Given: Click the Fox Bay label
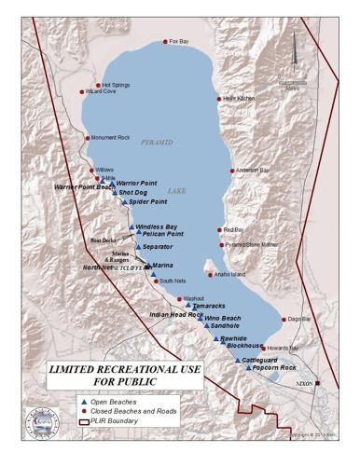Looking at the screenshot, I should (x=178, y=42).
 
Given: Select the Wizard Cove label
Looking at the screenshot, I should (x=101, y=92).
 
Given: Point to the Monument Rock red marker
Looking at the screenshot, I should (x=89, y=138).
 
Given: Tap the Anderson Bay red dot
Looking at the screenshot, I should (x=232, y=171).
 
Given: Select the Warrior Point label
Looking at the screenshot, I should (x=136, y=183).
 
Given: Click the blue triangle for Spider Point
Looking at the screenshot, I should (x=124, y=201).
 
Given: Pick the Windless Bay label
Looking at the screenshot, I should (x=156, y=226).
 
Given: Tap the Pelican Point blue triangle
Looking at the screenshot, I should (x=138, y=234).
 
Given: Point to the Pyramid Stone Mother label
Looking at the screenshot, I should (x=252, y=245).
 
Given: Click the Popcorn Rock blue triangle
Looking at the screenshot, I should (x=249, y=368).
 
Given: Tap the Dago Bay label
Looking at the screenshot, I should (x=299, y=320).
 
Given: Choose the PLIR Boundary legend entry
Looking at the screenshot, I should (x=112, y=421).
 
